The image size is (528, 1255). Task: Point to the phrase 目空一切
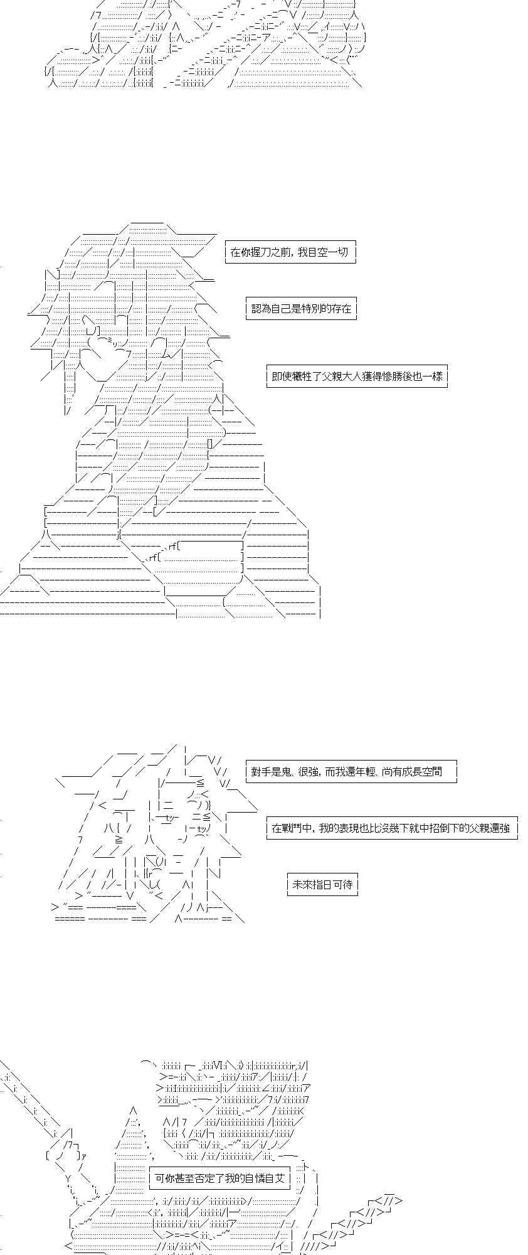click(327, 253)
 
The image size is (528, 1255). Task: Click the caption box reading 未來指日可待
click(322, 885)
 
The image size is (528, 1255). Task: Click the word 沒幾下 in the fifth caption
click(401, 828)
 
